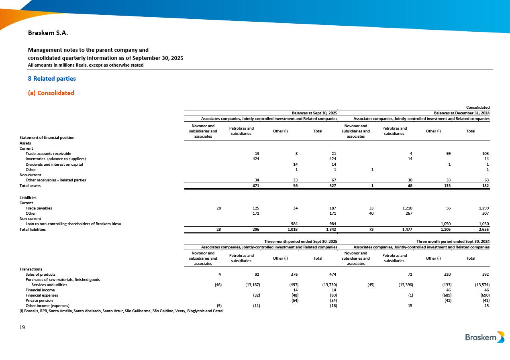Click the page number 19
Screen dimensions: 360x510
[x=22, y=327]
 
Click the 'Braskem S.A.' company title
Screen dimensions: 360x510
[x=48, y=33]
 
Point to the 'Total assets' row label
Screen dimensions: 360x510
[x=30, y=186]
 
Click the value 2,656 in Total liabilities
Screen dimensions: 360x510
[x=482, y=230]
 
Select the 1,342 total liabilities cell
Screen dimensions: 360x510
[x=329, y=230]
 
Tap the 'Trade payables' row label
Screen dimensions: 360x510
[x=39, y=208]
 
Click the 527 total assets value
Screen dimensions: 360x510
[x=332, y=186]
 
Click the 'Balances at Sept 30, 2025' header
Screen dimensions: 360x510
[x=314, y=113]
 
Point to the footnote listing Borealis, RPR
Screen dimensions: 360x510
[x=122, y=311]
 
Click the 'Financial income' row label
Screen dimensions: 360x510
[x=40, y=290]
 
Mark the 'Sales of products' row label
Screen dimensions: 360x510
[x=41, y=275]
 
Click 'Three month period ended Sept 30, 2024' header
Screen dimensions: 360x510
[x=453, y=242]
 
